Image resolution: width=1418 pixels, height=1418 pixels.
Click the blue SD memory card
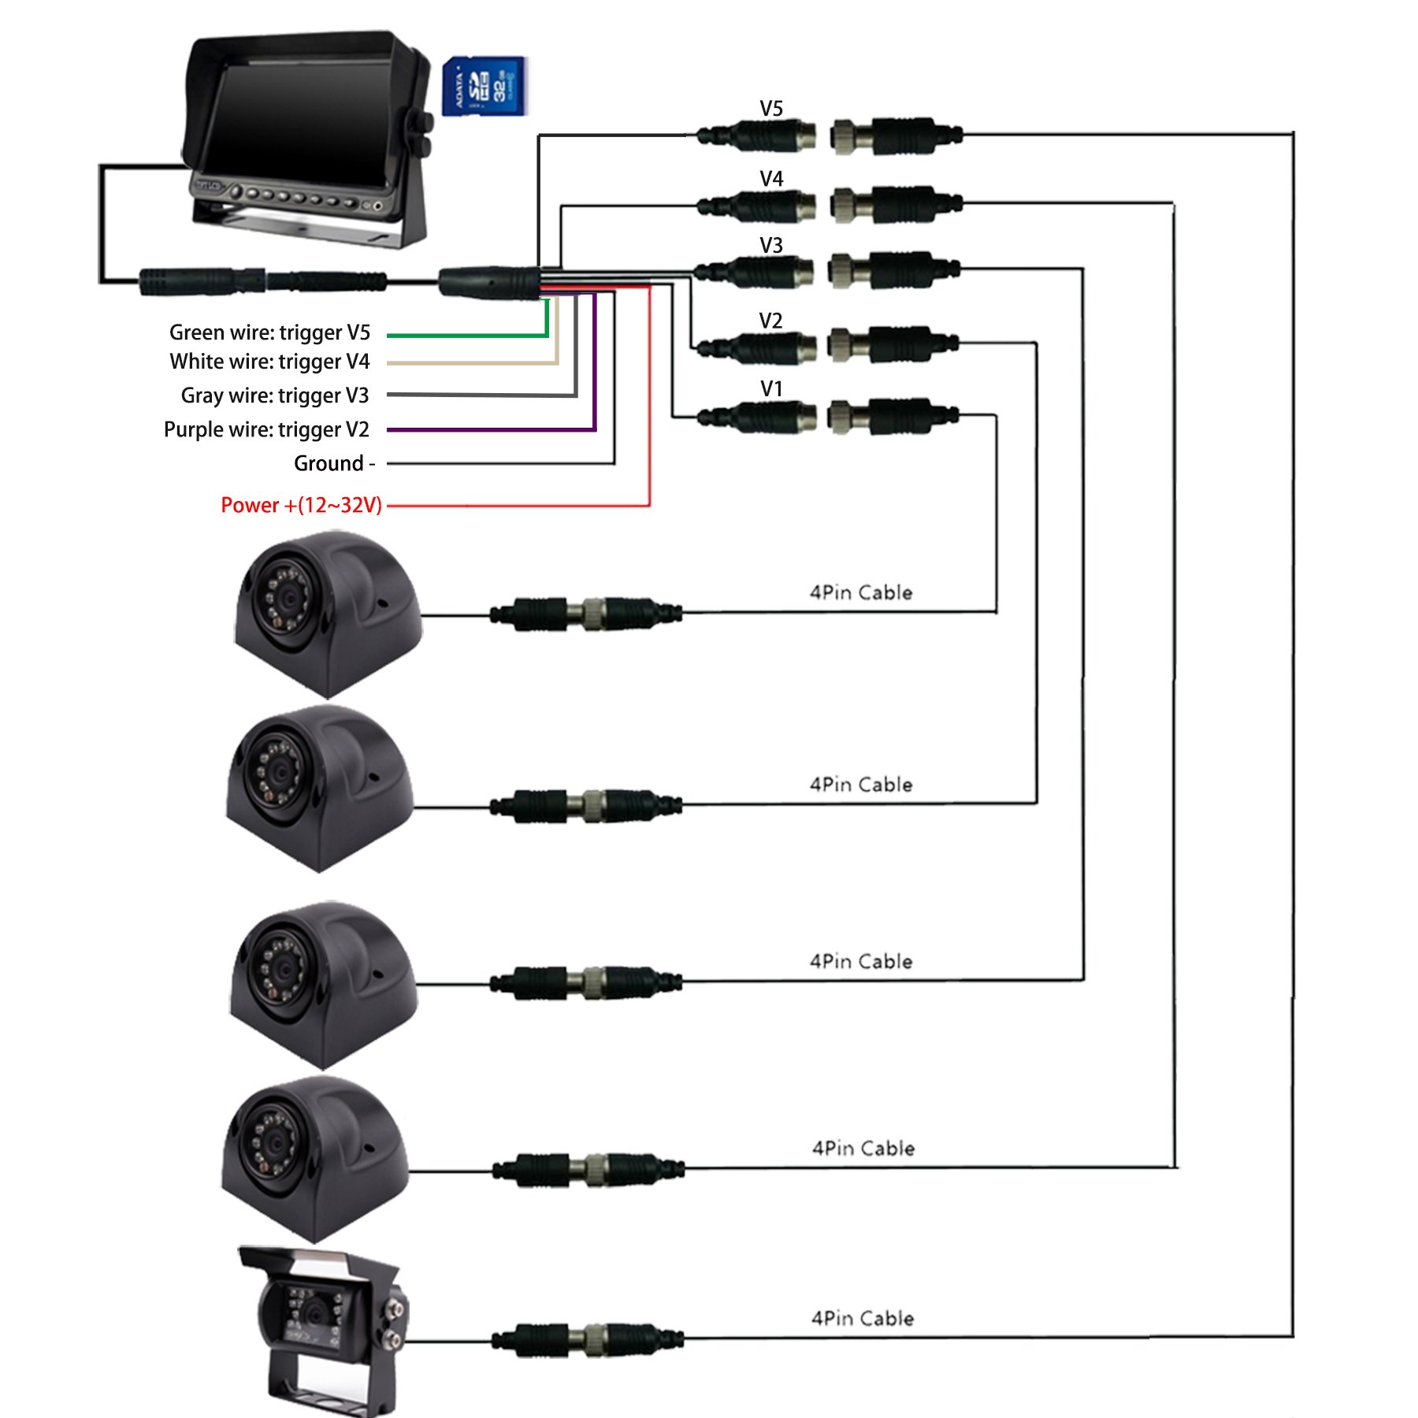tap(484, 86)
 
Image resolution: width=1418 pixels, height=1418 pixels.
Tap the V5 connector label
tap(771, 109)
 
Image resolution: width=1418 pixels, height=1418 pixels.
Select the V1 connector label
tap(771, 389)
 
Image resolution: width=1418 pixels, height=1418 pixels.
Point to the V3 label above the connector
tap(771, 246)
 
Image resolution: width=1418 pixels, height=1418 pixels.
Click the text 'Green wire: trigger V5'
tap(269, 332)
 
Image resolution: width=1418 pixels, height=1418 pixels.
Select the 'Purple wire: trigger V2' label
tap(266, 429)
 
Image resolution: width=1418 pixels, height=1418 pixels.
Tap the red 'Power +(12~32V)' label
tap(301, 505)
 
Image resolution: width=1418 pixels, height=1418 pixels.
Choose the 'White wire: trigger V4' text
tap(269, 362)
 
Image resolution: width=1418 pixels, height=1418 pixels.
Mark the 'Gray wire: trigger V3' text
tap(274, 395)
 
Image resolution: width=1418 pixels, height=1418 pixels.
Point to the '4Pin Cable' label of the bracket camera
tap(863, 1318)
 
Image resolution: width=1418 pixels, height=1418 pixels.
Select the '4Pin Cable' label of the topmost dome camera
tap(861, 592)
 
